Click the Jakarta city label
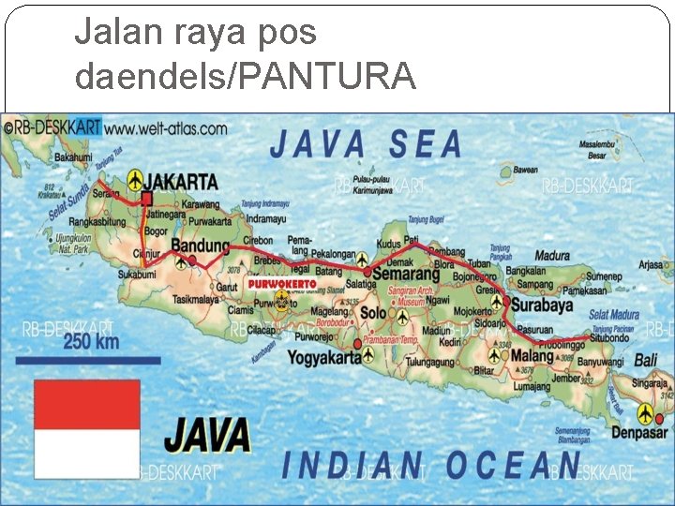click(x=185, y=181)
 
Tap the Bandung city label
click(x=200, y=246)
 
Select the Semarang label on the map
click(x=408, y=274)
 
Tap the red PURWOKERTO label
click(x=282, y=283)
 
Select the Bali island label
click(x=646, y=360)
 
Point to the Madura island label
click(x=552, y=256)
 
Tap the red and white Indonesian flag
click(x=87, y=428)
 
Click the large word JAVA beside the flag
click(x=208, y=436)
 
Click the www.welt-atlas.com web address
click(x=166, y=126)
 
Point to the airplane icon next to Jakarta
click(x=137, y=179)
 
